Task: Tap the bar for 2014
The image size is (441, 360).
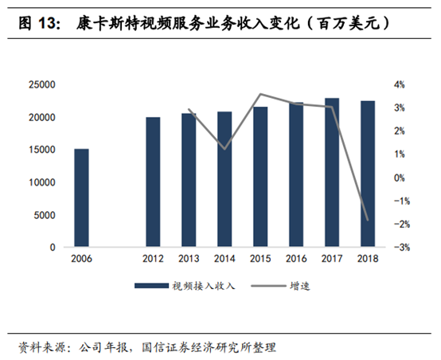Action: click(x=224, y=179)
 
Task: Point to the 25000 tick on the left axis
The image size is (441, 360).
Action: click(x=41, y=84)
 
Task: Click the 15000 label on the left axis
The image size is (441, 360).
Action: click(x=41, y=150)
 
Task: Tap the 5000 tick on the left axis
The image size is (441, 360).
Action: click(x=44, y=215)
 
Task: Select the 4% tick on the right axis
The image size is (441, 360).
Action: click(x=398, y=84)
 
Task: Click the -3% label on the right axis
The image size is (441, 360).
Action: click(x=398, y=248)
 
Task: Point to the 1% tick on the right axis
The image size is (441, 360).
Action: click(x=398, y=155)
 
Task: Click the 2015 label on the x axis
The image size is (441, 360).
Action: click(x=260, y=259)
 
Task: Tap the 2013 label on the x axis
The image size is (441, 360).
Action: click(x=189, y=259)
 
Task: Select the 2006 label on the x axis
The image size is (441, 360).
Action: click(x=81, y=259)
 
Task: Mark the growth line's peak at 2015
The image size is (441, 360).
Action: click(x=260, y=94)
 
